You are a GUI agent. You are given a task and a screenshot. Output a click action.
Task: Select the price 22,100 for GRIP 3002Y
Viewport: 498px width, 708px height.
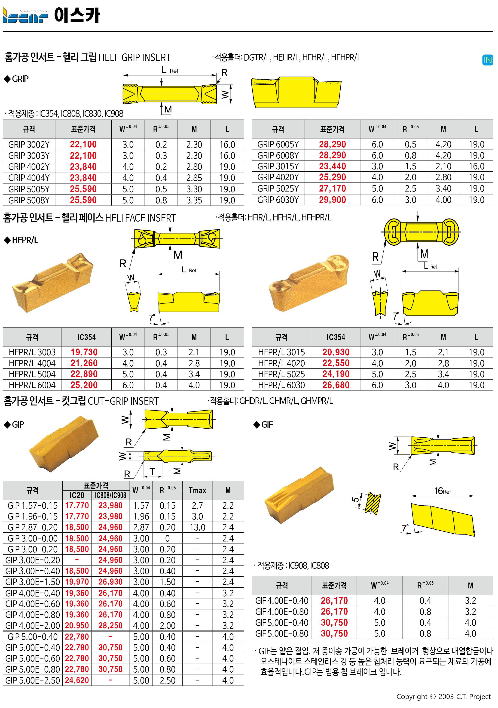pyautogui.click(x=83, y=144)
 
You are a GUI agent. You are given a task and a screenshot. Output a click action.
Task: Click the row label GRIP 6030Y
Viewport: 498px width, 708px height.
pyautogui.click(x=278, y=200)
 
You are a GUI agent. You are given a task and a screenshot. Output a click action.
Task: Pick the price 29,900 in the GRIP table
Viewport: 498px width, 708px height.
pyautogui.click(x=332, y=200)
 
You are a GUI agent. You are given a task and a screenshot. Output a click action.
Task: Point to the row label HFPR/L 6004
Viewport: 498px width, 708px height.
pyautogui.click(x=32, y=385)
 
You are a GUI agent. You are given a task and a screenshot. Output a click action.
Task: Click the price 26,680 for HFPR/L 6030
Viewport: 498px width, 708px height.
pyautogui.click(x=336, y=385)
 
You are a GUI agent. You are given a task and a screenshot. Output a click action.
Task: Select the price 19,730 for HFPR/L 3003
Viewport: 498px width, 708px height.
pyautogui.click(x=84, y=352)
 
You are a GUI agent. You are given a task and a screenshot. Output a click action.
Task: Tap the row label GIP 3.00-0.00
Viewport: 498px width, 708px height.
pyautogui.click(x=33, y=538)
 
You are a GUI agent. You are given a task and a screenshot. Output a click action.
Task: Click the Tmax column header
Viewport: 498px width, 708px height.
pyautogui.click(x=197, y=490)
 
